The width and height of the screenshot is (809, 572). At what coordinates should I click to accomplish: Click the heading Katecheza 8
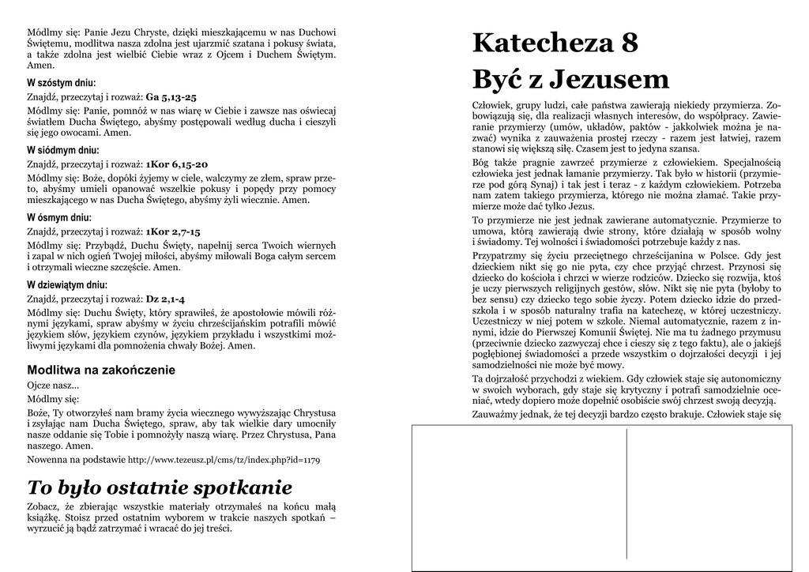point(555,43)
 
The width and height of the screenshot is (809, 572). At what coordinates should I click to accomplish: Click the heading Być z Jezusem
point(570,79)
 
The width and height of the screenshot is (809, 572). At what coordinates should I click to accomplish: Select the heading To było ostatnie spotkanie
point(160,487)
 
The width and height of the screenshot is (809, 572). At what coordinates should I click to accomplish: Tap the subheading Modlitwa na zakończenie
point(101,370)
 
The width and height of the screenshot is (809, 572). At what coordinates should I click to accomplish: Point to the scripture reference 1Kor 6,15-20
point(177,164)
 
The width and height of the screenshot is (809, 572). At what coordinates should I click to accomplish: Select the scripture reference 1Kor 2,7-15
point(173,232)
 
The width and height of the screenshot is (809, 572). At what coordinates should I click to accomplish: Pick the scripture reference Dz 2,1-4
point(165,299)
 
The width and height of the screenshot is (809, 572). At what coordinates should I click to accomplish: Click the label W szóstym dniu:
point(62,83)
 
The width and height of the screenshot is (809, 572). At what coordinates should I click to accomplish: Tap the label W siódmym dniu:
point(63,150)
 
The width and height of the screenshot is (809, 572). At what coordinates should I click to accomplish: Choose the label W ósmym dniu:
point(59,217)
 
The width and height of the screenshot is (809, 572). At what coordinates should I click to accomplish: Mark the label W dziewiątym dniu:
point(67,284)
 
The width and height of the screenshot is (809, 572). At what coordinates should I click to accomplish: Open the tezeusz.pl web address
point(224,460)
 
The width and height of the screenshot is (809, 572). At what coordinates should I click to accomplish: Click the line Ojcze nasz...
point(53,386)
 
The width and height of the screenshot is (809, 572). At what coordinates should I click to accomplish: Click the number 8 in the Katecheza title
point(630,43)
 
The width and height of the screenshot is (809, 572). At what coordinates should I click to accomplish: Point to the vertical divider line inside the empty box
point(627,498)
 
